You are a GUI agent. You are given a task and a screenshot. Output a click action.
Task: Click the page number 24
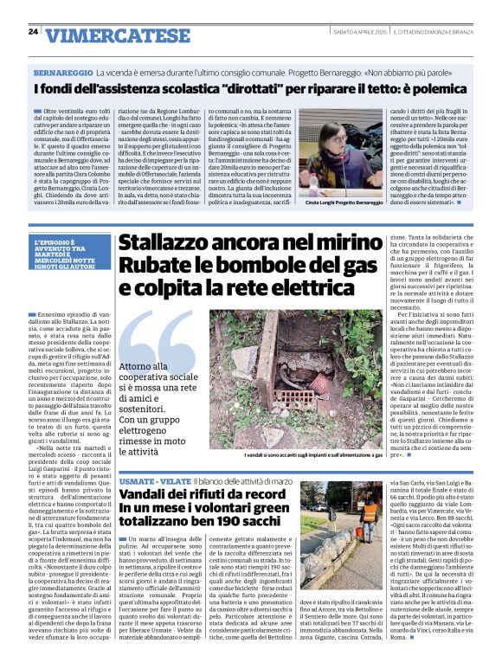point(33,32)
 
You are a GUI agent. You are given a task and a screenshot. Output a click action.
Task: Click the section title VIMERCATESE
point(117,35)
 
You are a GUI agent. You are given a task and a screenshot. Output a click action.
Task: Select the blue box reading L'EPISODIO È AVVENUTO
point(71,254)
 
